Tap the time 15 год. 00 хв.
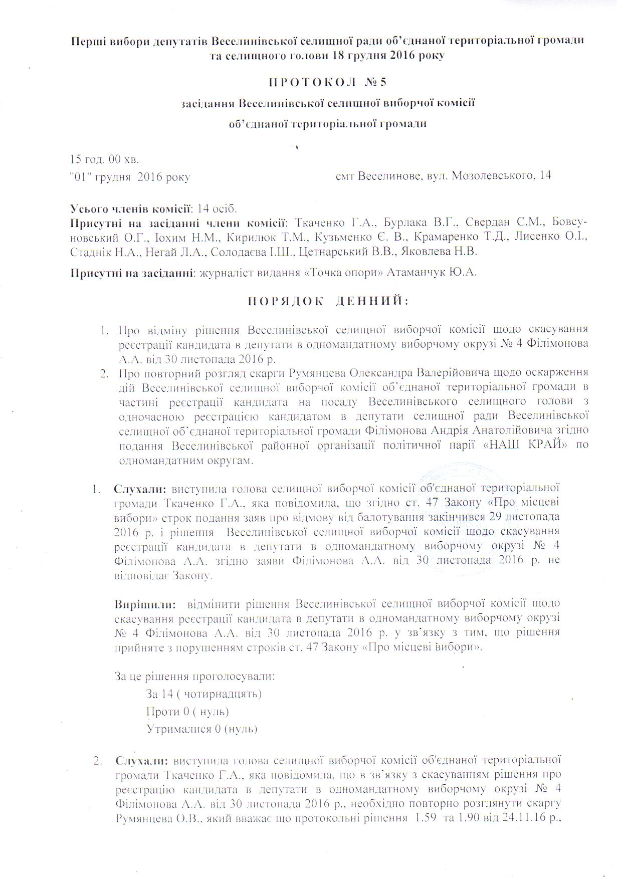click(x=104, y=160)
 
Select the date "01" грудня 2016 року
click(x=130, y=177)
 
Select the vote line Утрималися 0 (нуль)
click(x=201, y=729)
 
